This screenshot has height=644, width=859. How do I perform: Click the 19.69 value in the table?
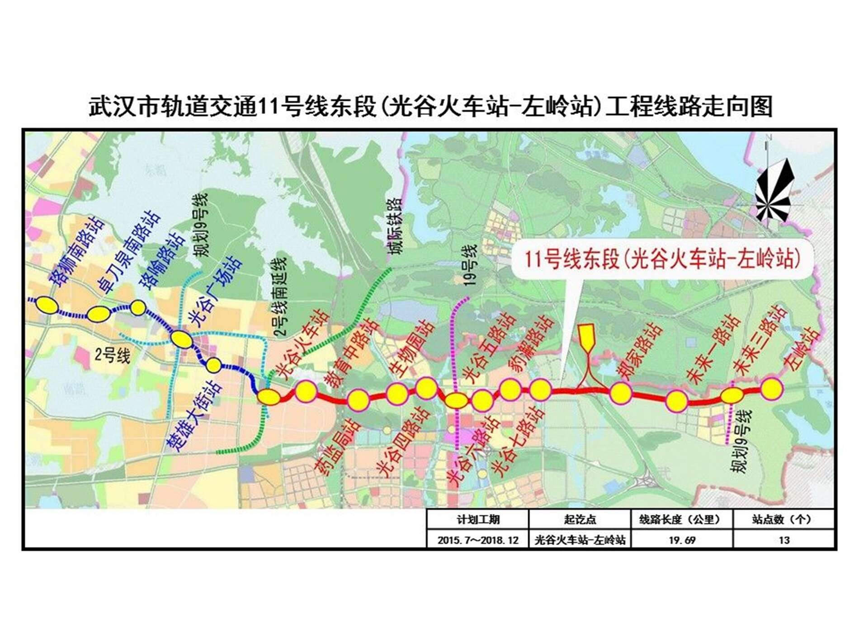pyautogui.click(x=682, y=540)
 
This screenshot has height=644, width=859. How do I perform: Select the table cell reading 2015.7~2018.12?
pyautogui.click(x=478, y=540)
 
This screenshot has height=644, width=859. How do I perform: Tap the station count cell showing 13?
pyautogui.click(x=784, y=540)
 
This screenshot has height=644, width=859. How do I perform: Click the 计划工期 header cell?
pyautogui.click(x=478, y=520)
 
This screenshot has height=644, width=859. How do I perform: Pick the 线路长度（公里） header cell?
pyautogui.click(x=682, y=520)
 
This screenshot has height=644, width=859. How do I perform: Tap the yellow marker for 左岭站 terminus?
pyautogui.click(x=771, y=389)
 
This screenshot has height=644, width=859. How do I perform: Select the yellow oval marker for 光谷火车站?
pyautogui.click(x=269, y=397)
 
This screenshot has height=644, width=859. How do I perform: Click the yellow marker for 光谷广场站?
pyautogui.click(x=181, y=339)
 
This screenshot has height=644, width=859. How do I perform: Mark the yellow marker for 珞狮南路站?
pyautogui.click(x=47, y=305)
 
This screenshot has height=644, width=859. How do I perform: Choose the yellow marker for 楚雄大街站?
pyautogui.click(x=213, y=365)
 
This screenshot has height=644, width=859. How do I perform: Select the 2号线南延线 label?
pyautogui.click(x=281, y=296)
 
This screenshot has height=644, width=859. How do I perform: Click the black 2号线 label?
pyautogui.click(x=112, y=356)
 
